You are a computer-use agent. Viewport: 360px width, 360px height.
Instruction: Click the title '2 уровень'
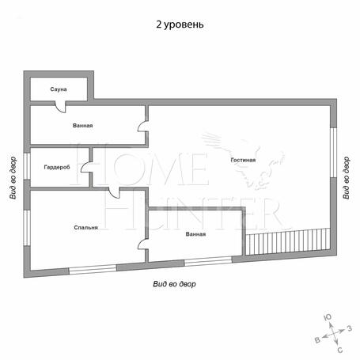click(180, 25)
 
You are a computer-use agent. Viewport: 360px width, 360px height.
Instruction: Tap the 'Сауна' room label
click(59, 89)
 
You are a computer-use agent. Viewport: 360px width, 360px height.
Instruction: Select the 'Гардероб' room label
click(57, 167)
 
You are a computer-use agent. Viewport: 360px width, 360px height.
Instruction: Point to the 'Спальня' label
click(86, 227)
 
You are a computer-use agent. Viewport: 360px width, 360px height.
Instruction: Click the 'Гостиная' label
click(243, 160)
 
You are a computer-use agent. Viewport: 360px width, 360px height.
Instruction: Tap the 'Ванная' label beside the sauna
click(83, 125)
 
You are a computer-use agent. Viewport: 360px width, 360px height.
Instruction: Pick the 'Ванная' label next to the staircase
click(195, 234)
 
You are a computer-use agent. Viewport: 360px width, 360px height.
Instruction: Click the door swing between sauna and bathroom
click(60, 107)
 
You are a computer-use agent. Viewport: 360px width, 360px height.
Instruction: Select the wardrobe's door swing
click(86, 168)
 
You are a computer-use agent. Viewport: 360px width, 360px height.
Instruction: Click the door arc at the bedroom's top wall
click(114, 193)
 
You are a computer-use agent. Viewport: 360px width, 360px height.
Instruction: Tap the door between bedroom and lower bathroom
click(142, 244)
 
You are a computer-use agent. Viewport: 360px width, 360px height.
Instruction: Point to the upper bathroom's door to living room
click(142, 126)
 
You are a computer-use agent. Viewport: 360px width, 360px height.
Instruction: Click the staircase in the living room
click(288, 241)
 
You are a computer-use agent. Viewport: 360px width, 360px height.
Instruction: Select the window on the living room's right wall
click(334, 153)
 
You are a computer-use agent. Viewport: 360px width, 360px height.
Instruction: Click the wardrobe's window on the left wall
click(27, 166)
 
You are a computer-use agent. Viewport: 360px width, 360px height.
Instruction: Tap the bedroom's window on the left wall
click(27, 228)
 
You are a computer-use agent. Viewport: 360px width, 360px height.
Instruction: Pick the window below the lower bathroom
click(208, 261)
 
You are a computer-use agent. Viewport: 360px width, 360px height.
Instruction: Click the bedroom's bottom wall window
click(93, 270)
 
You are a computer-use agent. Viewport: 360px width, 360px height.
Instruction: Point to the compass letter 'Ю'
click(328, 317)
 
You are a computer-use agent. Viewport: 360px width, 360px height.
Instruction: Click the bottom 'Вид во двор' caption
click(175, 284)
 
